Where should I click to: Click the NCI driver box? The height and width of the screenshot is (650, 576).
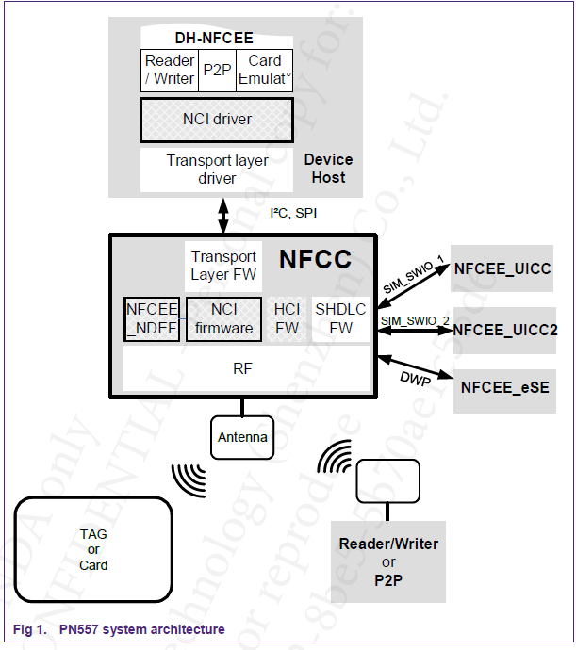point(217,120)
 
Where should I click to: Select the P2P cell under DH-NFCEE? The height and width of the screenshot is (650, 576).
point(217,70)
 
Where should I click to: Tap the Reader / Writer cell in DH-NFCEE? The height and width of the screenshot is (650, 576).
point(170,70)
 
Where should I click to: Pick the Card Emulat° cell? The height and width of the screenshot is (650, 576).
point(263,70)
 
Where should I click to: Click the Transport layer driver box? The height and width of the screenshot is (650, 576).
point(217,170)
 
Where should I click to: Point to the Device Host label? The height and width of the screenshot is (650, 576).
point(328,169)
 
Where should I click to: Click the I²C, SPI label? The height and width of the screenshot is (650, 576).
point(293,213)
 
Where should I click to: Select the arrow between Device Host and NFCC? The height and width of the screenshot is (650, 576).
point(223,216)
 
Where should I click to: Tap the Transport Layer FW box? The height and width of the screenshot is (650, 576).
point(223,266)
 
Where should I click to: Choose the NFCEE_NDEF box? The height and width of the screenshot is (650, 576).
point(152,318)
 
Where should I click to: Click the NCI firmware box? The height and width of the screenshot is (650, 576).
point(223,318)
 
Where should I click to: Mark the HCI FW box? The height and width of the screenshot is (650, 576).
point(287,318)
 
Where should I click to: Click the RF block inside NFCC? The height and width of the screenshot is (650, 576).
point(242,368)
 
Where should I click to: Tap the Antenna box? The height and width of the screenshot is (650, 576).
point(242,437)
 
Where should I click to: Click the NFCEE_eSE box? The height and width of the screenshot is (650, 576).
point(504,387)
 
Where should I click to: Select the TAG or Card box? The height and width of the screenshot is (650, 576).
point(93,549)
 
